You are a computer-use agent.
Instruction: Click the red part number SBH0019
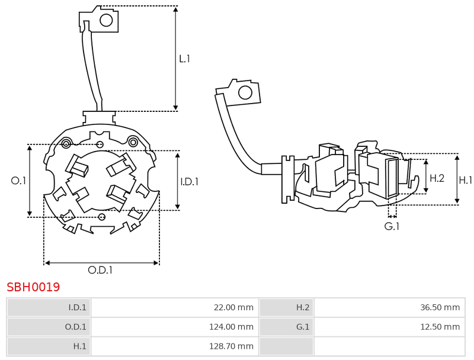point(33,287)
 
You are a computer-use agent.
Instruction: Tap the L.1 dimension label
point(184,59)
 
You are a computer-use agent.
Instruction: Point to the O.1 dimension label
point(18,181)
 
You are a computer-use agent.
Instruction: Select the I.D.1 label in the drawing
point(190,182)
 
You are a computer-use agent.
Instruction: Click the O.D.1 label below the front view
point(100,269)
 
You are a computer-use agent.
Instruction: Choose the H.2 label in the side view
point(437,178)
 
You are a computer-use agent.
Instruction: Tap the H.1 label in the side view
point(465,181)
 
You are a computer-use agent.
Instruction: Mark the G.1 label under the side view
point(392,226)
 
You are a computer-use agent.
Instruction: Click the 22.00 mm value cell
point(175,307)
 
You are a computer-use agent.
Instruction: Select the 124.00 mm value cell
point(175,327)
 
